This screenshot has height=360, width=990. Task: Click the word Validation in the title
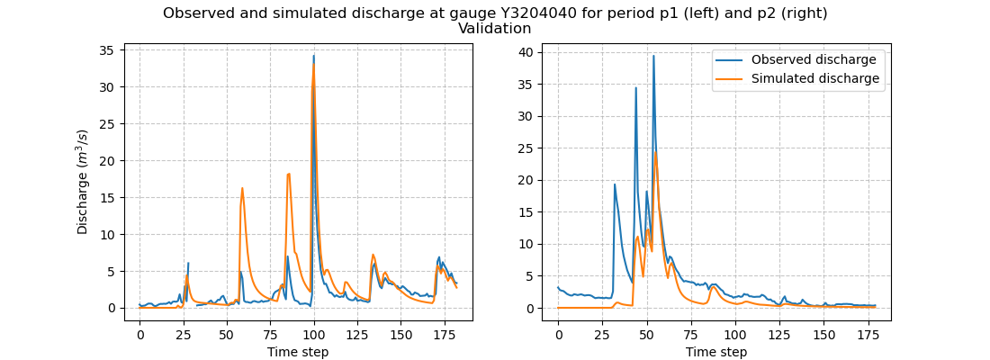(494, 29)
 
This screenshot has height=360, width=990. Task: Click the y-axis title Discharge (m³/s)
(83, 182)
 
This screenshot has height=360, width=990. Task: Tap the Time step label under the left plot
(298, 352)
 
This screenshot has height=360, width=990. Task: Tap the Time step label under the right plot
(716, 352)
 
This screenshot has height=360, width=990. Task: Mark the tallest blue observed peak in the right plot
(653, 56)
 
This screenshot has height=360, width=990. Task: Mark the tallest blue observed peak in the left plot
(313, 56)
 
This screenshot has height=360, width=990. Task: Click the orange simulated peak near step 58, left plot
(242, 188)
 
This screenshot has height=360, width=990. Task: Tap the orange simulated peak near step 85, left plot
(289, 174)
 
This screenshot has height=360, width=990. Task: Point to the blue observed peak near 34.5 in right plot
(635, 87)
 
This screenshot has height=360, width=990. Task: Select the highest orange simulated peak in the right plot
(655, 152)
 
